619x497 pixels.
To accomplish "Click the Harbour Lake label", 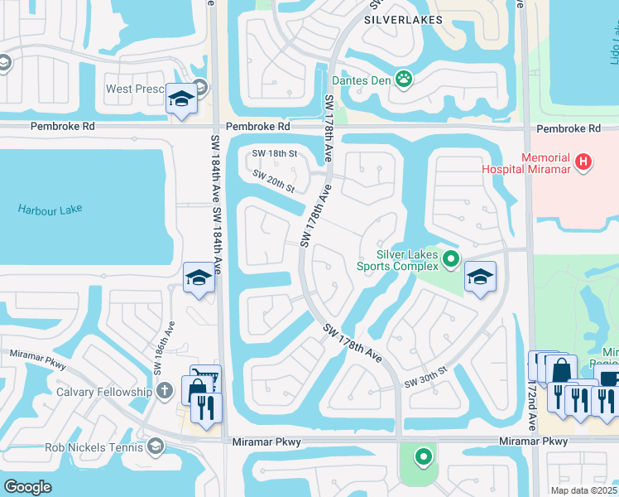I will (x=50, y=209).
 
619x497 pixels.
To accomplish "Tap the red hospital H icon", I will (x=584, y=162).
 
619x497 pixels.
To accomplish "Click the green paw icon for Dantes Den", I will (x=404, y=80).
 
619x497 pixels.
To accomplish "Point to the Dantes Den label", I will (x=360, y=80).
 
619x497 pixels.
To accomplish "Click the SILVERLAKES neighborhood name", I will (x=402, y=19).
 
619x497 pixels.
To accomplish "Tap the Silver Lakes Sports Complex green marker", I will (x=451, y=260).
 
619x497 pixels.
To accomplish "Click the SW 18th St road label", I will (x=275, y=155).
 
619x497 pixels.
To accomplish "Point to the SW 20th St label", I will (x=273, y=181).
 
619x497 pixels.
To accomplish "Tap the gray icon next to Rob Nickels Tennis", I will (x=155, y=447).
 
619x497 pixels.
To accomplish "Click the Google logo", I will (x=27, y=487).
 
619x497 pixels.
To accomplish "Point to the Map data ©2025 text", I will (x=583, y=490).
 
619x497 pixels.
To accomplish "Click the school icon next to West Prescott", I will (x=181, y=99).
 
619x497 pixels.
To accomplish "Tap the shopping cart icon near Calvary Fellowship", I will (x=205, y=379).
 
